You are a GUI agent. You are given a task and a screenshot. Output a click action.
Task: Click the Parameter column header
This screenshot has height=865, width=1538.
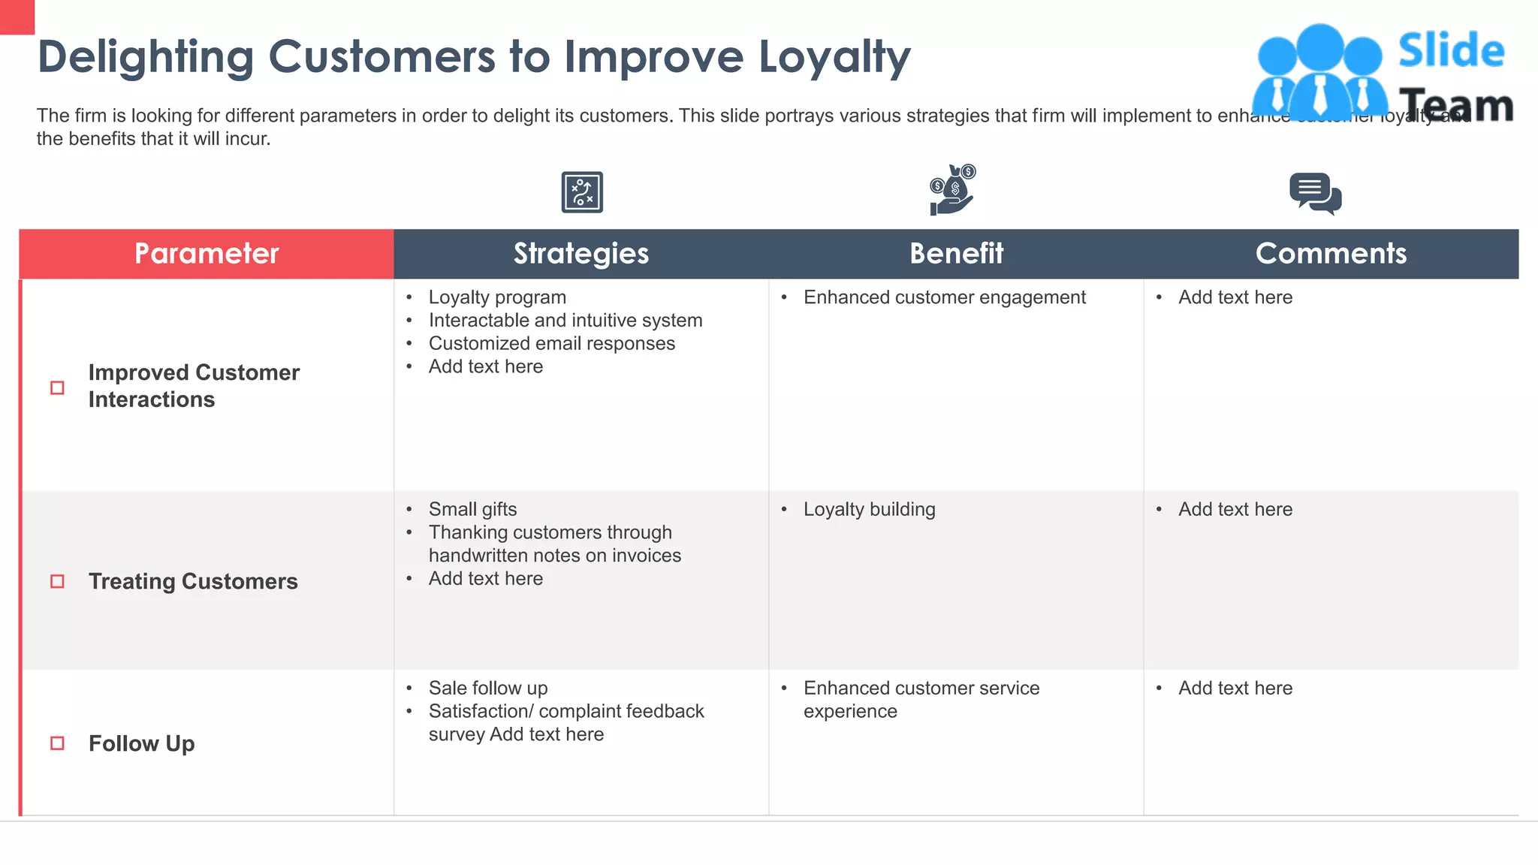(207, 254)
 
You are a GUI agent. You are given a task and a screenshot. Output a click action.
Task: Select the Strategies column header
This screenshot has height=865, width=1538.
(581, 254)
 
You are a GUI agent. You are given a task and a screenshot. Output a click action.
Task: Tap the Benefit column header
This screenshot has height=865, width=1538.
(956, 254)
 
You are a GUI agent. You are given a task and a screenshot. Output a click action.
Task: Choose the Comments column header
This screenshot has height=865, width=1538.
(1331, 254)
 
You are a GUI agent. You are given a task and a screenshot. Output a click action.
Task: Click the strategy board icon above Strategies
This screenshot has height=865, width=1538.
(582, 192)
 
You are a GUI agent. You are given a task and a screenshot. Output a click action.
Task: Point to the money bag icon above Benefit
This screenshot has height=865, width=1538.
(952, 190)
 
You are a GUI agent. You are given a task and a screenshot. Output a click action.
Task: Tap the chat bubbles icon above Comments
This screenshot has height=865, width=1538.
(1315, 194)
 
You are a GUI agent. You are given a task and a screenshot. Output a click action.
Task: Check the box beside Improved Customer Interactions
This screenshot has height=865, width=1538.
(57, 387)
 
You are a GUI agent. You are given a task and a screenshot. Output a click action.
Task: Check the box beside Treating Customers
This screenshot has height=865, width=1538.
(57, 581)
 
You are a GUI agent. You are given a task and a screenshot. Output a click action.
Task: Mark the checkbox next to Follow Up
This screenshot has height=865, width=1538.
(57, 743)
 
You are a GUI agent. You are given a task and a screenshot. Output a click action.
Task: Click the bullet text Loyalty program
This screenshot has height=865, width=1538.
(497, 297)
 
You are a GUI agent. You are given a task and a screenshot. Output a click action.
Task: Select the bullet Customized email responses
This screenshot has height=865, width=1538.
(551, 344)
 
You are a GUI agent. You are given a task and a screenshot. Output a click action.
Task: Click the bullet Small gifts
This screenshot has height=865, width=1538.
(472, 509)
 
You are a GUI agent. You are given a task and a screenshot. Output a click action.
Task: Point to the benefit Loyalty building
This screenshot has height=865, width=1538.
(869, 509)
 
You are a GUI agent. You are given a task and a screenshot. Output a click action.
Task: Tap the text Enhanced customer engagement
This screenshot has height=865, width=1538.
(944, 297)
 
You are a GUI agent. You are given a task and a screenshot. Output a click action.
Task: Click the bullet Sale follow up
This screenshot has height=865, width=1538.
(488, 688)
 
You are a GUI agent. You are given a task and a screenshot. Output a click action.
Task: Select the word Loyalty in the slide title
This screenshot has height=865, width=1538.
(834, 57)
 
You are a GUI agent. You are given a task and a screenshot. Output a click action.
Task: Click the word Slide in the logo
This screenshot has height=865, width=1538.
(1451, 51)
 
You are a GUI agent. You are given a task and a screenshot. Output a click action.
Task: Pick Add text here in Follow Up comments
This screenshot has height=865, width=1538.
(1235, 688)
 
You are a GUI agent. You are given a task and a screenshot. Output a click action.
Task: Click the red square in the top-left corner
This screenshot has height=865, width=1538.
(17, 17)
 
